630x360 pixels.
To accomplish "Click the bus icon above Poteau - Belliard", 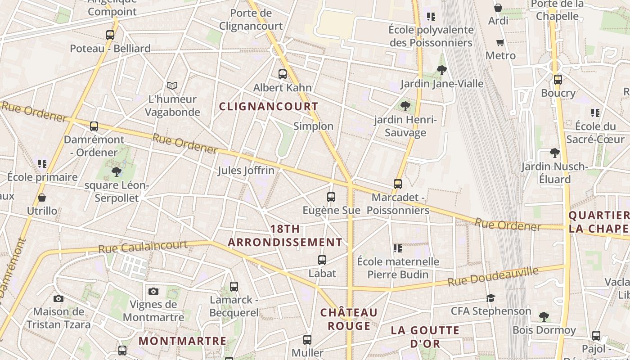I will click(x=110, y=35).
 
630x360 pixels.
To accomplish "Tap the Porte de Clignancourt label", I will click(x=251, y=19).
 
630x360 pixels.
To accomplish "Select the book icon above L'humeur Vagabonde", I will click(x=172, y=85).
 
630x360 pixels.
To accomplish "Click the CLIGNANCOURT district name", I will click(x=269, y=107).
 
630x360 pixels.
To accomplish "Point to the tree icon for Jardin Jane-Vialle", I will click(x=441, y=70).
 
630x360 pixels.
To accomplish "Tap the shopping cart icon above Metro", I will click(x=500, y=42).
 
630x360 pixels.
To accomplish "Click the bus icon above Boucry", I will click(x=558, y=80).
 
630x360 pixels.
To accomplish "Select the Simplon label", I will click(x=313, y=126).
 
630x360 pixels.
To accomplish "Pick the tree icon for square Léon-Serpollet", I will click(x=117, y=171).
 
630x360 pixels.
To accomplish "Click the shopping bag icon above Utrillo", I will click(x=42, y=197).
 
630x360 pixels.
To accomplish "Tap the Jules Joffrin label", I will click(x=246, y=171).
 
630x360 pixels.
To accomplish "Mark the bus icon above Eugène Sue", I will click(x=331, y=197).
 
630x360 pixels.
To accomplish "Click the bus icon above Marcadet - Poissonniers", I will click(x=398, y=184).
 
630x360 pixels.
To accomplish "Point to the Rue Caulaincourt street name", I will click(x=143, y=247).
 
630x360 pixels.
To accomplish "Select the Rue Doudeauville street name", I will click(x=493, y=276).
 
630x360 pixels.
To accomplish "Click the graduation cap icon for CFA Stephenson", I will click(x=490, y=298).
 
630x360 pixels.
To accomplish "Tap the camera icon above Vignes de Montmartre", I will click(x=153, y=291).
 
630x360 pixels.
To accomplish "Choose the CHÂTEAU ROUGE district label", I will click(x=349, y=319).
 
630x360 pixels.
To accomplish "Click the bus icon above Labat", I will click(x=322, y=260).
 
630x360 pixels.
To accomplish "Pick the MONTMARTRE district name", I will click(x=182, y=341).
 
